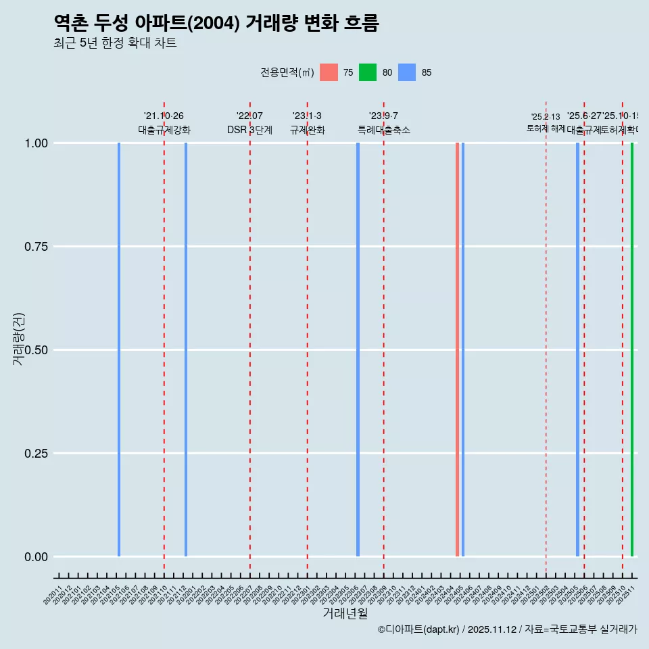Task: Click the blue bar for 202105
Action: [x=119, y=350]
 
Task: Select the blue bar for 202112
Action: [x=186, y=350]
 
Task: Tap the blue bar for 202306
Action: [x=358, y=350]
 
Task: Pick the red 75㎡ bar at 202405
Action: [x=457, y=350]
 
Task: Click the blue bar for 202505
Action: [x=577, y=350]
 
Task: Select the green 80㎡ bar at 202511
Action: [x=632, y=350]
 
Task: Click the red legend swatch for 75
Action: [x=329, y=72]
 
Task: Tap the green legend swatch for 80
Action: [x=368, y=72]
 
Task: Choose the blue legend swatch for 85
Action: [x=407, y=72]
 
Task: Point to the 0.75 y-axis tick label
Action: [x=35, y=247]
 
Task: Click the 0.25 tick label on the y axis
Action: [x=35, y=454]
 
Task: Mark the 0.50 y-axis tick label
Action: [x=35, y=350]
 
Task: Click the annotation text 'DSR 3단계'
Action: [x=249, y=130]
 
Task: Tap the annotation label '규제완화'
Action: [x=308, y=130]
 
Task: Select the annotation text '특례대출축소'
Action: [x=384, y=130]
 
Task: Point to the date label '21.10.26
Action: [x=164, y=116]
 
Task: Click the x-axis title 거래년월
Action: [x=345, y=613]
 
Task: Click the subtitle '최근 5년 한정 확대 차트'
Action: [x=115, y=43]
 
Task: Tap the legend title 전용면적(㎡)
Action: [x=287, y=72]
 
